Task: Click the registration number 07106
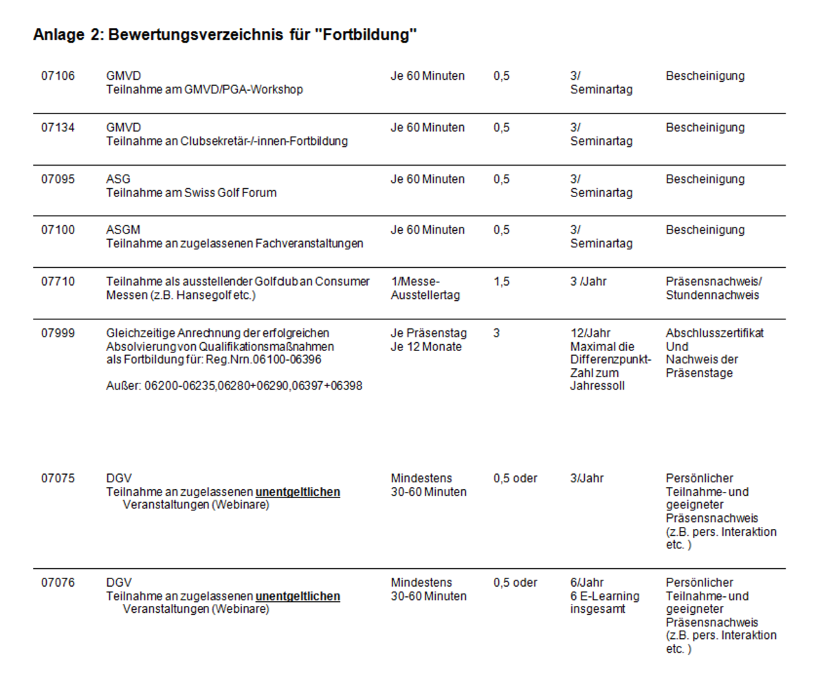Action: pyautogui.click(x=58, y=76)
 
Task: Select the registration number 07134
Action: pyautogui.click(x=58, y=128)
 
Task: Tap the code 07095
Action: pyautogui.click(x=58, y=179)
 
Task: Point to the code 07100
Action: pyautogui.click(x=58, y=230)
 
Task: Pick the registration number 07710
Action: pyautogui.click(x=58, y=282)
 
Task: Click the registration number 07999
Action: pyautogui.click(x=58, y=333)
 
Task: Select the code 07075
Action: pyautogui.click(x=58, y=478)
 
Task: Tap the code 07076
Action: pyautogui.click(x=58, y=583)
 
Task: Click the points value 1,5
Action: pyautogui.click(x=501, y=282)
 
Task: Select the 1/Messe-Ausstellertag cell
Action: pyautogui.click(x=420, y=289)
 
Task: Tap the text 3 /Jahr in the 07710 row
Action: pyautogui.click(x=589, y=282)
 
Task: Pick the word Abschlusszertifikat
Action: pyautogui.click(x=714, y=333)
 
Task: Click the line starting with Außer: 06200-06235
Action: pyautogui.click(x=234, y=387)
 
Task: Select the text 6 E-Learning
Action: pyautogui.click(x=604, y=596)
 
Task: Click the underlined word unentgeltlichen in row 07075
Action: pyautogui.click(x=298, y=492)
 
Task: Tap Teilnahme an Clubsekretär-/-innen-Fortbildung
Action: pyautogui.click(x=227, y=142)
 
